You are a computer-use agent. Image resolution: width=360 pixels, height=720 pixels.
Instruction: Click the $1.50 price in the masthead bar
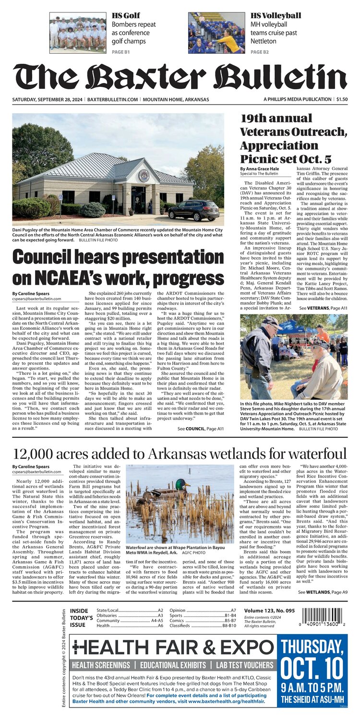pos(342,99)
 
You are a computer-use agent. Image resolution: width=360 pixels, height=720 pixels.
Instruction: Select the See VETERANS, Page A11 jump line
pos(324,308)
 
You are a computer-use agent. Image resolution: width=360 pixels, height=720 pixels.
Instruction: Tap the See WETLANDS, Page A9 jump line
pos(323,593)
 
